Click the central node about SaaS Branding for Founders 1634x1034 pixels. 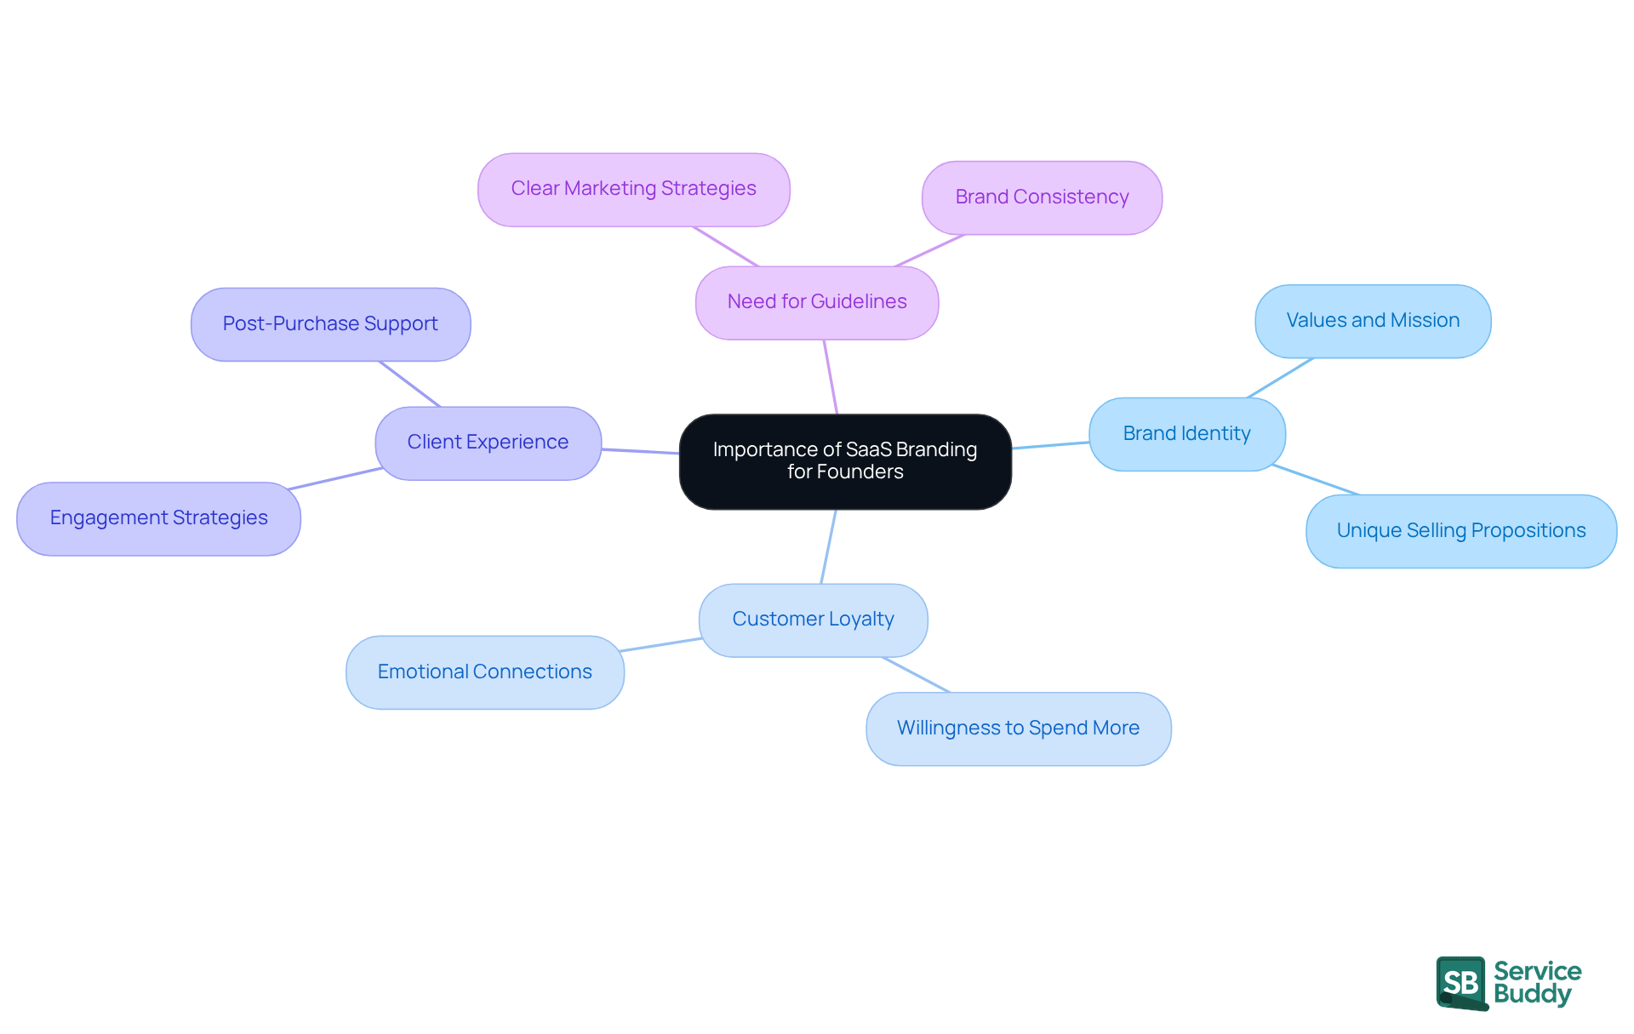845,461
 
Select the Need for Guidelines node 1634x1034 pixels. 817,302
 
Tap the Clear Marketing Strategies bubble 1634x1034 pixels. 633,189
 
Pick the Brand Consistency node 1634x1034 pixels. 1042,197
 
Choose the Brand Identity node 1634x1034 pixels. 1186,434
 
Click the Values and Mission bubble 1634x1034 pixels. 1372,321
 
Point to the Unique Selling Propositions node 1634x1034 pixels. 1460,531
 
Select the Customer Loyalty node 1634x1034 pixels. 813,620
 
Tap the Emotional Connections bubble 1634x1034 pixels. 484,672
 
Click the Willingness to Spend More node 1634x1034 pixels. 1018,728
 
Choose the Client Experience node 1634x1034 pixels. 488,443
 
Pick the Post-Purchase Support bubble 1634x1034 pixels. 330,324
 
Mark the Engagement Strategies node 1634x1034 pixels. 158,518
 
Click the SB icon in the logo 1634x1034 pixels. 1461,983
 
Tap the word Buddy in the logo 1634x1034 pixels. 1532,994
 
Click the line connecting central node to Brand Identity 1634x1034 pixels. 1050,445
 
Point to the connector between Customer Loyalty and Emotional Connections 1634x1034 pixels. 660,645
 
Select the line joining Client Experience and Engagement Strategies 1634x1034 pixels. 336,478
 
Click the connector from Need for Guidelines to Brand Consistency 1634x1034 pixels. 929,251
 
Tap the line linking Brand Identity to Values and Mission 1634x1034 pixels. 1280,378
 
